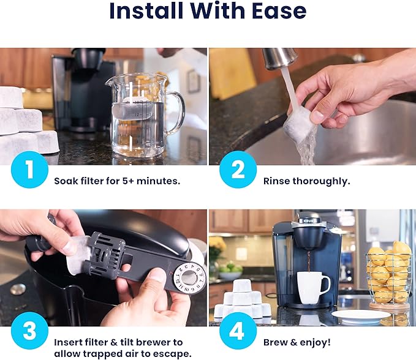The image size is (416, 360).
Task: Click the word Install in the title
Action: click(x=145, y=12)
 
